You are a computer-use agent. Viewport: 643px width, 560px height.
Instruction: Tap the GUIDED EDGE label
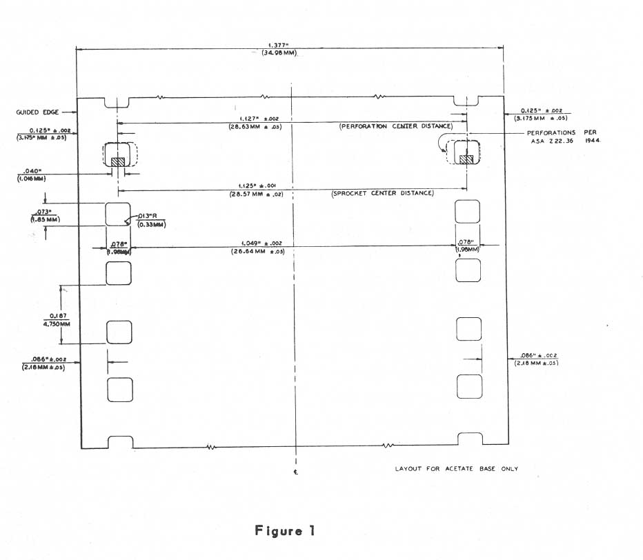click(x=37, y=112)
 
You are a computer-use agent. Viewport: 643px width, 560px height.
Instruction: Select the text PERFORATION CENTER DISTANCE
click(x=396, y=127)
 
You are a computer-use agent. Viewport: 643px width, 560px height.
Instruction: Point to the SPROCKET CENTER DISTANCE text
click(x=383, y=193)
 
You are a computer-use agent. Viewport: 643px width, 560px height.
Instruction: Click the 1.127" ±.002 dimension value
click(x=256, y=119)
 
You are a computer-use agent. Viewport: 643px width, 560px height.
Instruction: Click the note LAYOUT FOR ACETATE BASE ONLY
click(x=456, y=469)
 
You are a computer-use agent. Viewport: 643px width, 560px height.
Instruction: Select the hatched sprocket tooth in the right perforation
click(x=466, y=159)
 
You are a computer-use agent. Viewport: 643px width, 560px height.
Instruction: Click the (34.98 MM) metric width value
click(x=279, y=54)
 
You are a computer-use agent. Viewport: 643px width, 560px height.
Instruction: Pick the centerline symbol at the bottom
click(x=295, y=473)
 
